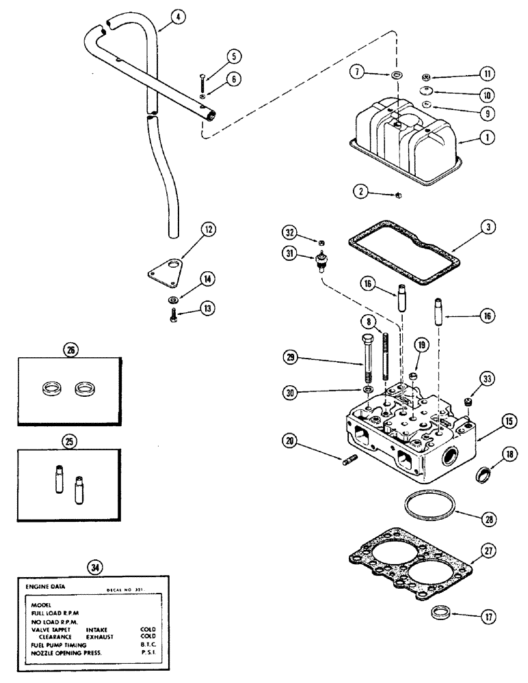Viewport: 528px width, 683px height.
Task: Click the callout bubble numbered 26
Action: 69,350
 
